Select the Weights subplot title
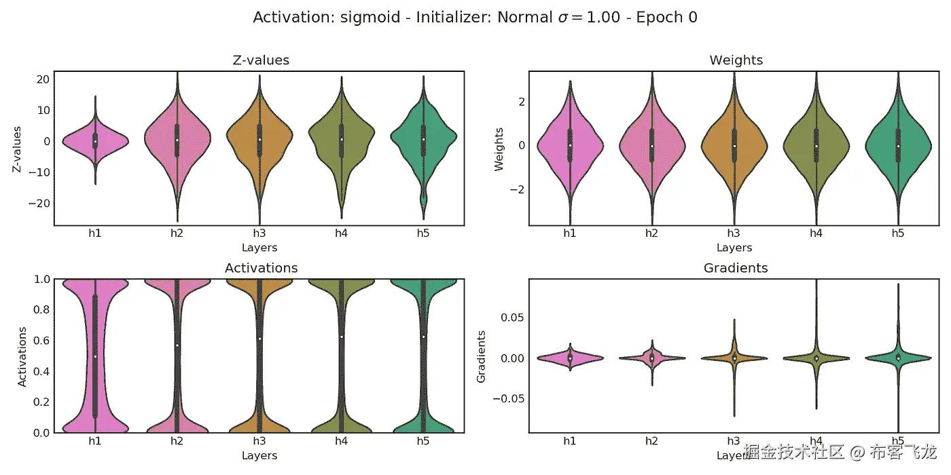coord(736,60)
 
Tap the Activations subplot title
coord(261,268)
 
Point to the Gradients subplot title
coord(736,268)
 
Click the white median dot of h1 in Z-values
coord(95,141)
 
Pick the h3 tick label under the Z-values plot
coord(259,234)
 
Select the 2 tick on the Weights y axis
coord(521,102)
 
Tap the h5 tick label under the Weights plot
coord(898,234)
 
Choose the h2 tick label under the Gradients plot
coord(651,441)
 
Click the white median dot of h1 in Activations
coord(95,356)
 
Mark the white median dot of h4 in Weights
coord(817,146)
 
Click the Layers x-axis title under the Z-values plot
coord(259,248)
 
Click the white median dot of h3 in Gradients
coord(734,358)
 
